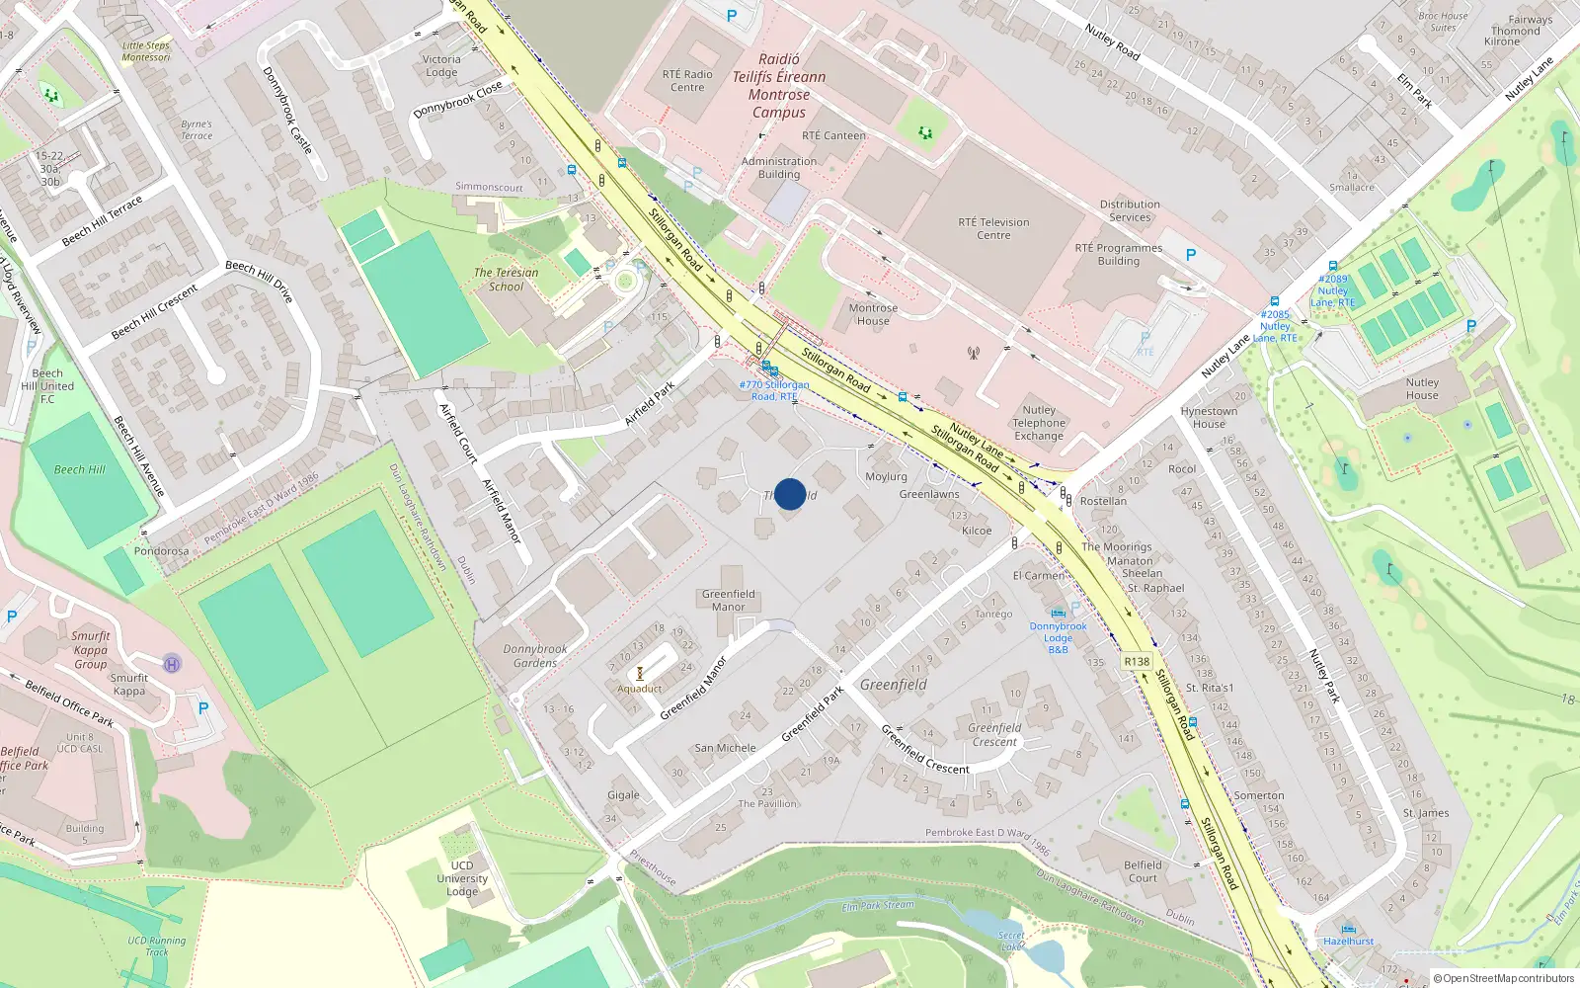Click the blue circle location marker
pyautogui.click(x=790, y=494)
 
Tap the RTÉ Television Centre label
pyautogui.click(x=993, y=228)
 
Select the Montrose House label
pyautogui.click(x=873, y=314)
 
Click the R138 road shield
pyautogui.click(x=1137, y=661)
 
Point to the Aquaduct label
pyautogui.click(x=640, y=689)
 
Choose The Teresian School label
pyautogui.click(x=507, y=280)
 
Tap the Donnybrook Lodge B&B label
pyautogui.click(x=1058, y=637)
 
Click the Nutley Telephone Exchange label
pyautogui.click(x=1039, y=423)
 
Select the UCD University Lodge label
pyautogui.click(x=462, y=878)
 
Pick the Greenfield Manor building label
pyautogui.click(x=729, y=600)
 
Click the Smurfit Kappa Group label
pyautogui.click(x=91, y=650)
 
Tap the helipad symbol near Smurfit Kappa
pyautogui.click(x=172, y=663)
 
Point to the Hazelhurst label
pyautogui.click(x=1348, y=941)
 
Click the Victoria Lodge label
pyautogui.click(x=441, y=65)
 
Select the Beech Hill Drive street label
pyautogui.click(x=260, y=280)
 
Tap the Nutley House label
pyautogui.click(x=1422, y=388)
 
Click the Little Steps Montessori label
pyautogui.click(x=146, y=51)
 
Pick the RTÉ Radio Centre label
pyautogui.click(x=687, y=81)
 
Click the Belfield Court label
pyautogui.click(x=1143, y=871)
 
